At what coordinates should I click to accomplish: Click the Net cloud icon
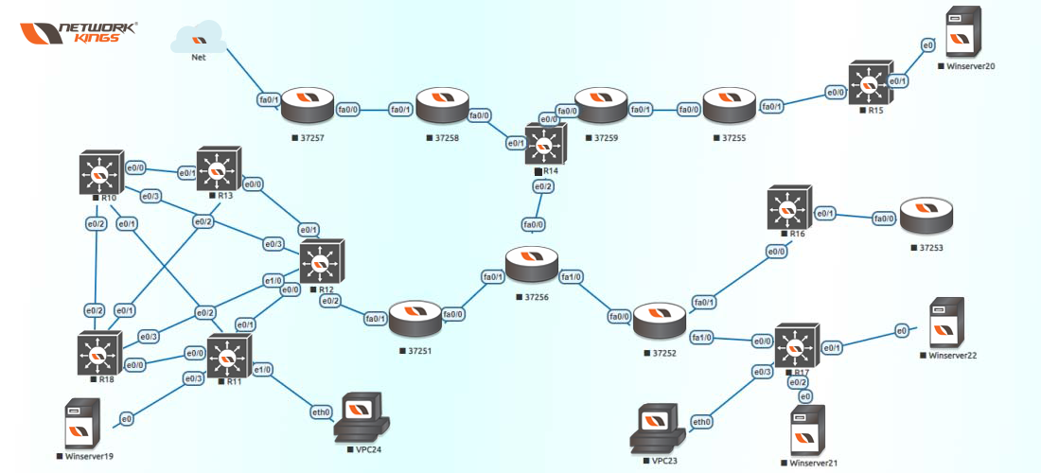tap(199, 38)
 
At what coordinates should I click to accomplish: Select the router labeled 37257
tap(309, 106)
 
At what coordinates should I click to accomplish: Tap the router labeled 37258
tap(442, 106)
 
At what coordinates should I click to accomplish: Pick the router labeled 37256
tap(533, 266)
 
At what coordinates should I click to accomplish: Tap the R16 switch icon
tap(789, 208)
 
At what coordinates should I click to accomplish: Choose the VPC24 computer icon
tap(362, 417)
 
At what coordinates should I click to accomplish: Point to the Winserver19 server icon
tap(83, 424)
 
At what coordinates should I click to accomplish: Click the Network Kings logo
tap(79, 34)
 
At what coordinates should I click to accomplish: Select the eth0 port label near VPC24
tap(322, 412)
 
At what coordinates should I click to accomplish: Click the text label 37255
tap(733, 138)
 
